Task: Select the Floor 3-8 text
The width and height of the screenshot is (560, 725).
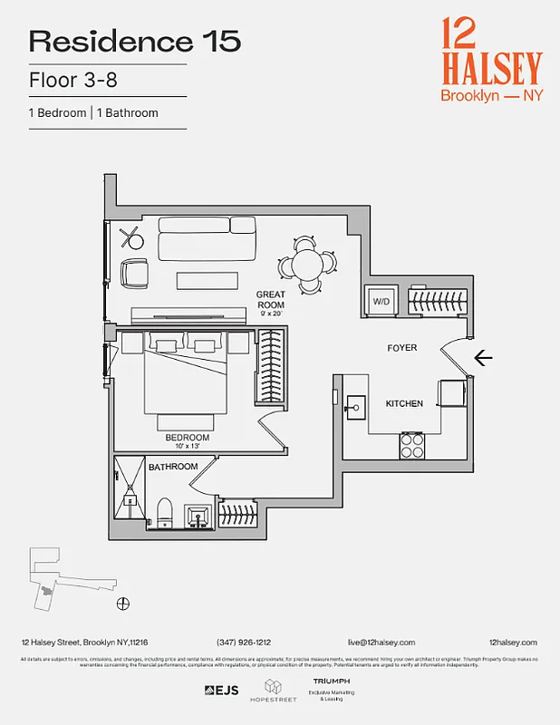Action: tap(73, 81)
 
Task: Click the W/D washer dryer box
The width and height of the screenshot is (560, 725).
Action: tap(381, 302)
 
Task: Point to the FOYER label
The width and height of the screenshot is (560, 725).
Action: tap(402, 348)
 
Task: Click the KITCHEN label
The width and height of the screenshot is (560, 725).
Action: tap(404, 403)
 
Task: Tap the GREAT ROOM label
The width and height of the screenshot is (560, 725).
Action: tap(270, 300)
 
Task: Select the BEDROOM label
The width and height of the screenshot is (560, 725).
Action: tap(187, 437)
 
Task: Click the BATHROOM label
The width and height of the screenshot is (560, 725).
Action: tap(173, 467)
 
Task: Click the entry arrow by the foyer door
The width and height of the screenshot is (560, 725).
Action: tap(483, 359)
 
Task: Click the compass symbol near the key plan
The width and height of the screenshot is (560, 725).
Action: tap(123, 603)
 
